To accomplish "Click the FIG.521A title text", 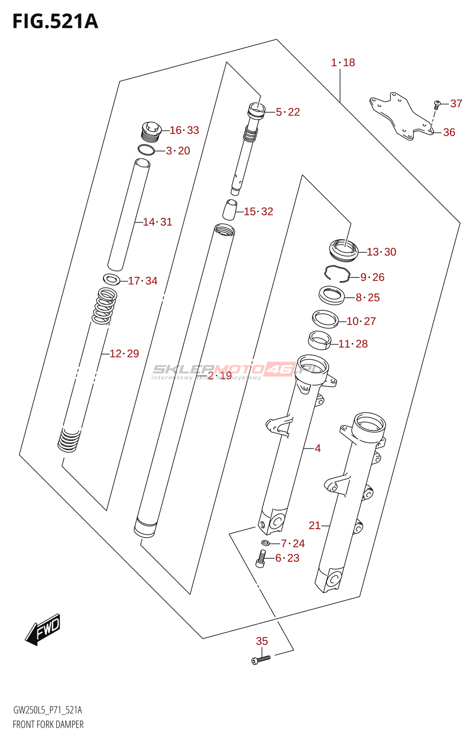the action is (x=55, y=22).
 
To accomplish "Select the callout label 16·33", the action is (x=184, y=130).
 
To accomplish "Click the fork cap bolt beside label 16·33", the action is (x=150, y=131).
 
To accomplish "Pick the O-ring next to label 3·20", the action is (x=146, y=150).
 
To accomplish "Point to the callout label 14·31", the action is (x=157, y=222).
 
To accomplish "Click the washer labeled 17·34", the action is (x=112, y=279).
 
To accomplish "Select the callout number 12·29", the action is (x=124, y=354).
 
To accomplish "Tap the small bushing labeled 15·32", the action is (x=230, y=210).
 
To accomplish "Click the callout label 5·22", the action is (x=288, y=112).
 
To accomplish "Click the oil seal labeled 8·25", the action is (x=332, y=295).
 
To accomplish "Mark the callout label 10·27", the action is (x=361, y=321).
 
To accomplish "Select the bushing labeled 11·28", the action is (x=319, y=339).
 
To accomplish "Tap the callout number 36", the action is (x=449, y=133).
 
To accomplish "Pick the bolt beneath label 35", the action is (x=261, y=659).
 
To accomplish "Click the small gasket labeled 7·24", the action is (x=265, y=543).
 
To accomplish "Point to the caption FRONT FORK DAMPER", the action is (x=48, y=724).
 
